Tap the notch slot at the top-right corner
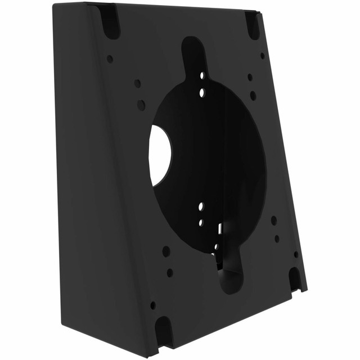pos(253,25)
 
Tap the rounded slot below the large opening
pos(230,276)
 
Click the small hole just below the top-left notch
pos(110,58)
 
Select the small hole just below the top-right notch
pos(263,56)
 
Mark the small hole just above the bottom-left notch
pos(153,305)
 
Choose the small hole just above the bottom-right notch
pos(296,254)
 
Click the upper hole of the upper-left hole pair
pos(137,83)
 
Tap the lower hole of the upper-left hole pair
pos(141,105)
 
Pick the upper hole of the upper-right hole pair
pos(250,77)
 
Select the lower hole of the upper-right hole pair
pos(253,96)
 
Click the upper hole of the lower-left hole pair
pos(166,251)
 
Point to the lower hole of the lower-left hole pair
pos(170,273)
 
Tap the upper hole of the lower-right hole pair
pos(274,220)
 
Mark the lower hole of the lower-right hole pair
pos(277,238)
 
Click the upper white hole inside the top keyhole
pos(201,74)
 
